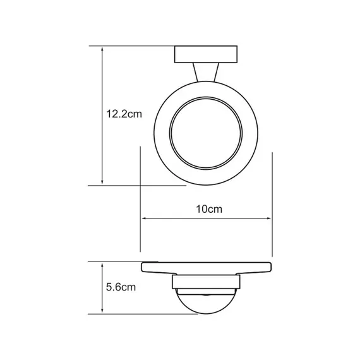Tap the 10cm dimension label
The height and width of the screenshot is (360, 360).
pyautogui.click(x=206, y=208)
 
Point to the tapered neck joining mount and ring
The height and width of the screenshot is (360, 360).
pyautogui.click(x=205, y=73)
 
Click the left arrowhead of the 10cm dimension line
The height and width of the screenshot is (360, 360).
pyautogui.click(x=143, y=219)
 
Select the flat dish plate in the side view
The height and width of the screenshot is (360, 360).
pyautogui.click(x=205, y=268)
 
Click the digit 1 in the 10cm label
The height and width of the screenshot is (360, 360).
pyautogui.click(x=197, y=208)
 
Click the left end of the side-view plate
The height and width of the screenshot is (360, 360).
pyautogui.click(x=142, y=267)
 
